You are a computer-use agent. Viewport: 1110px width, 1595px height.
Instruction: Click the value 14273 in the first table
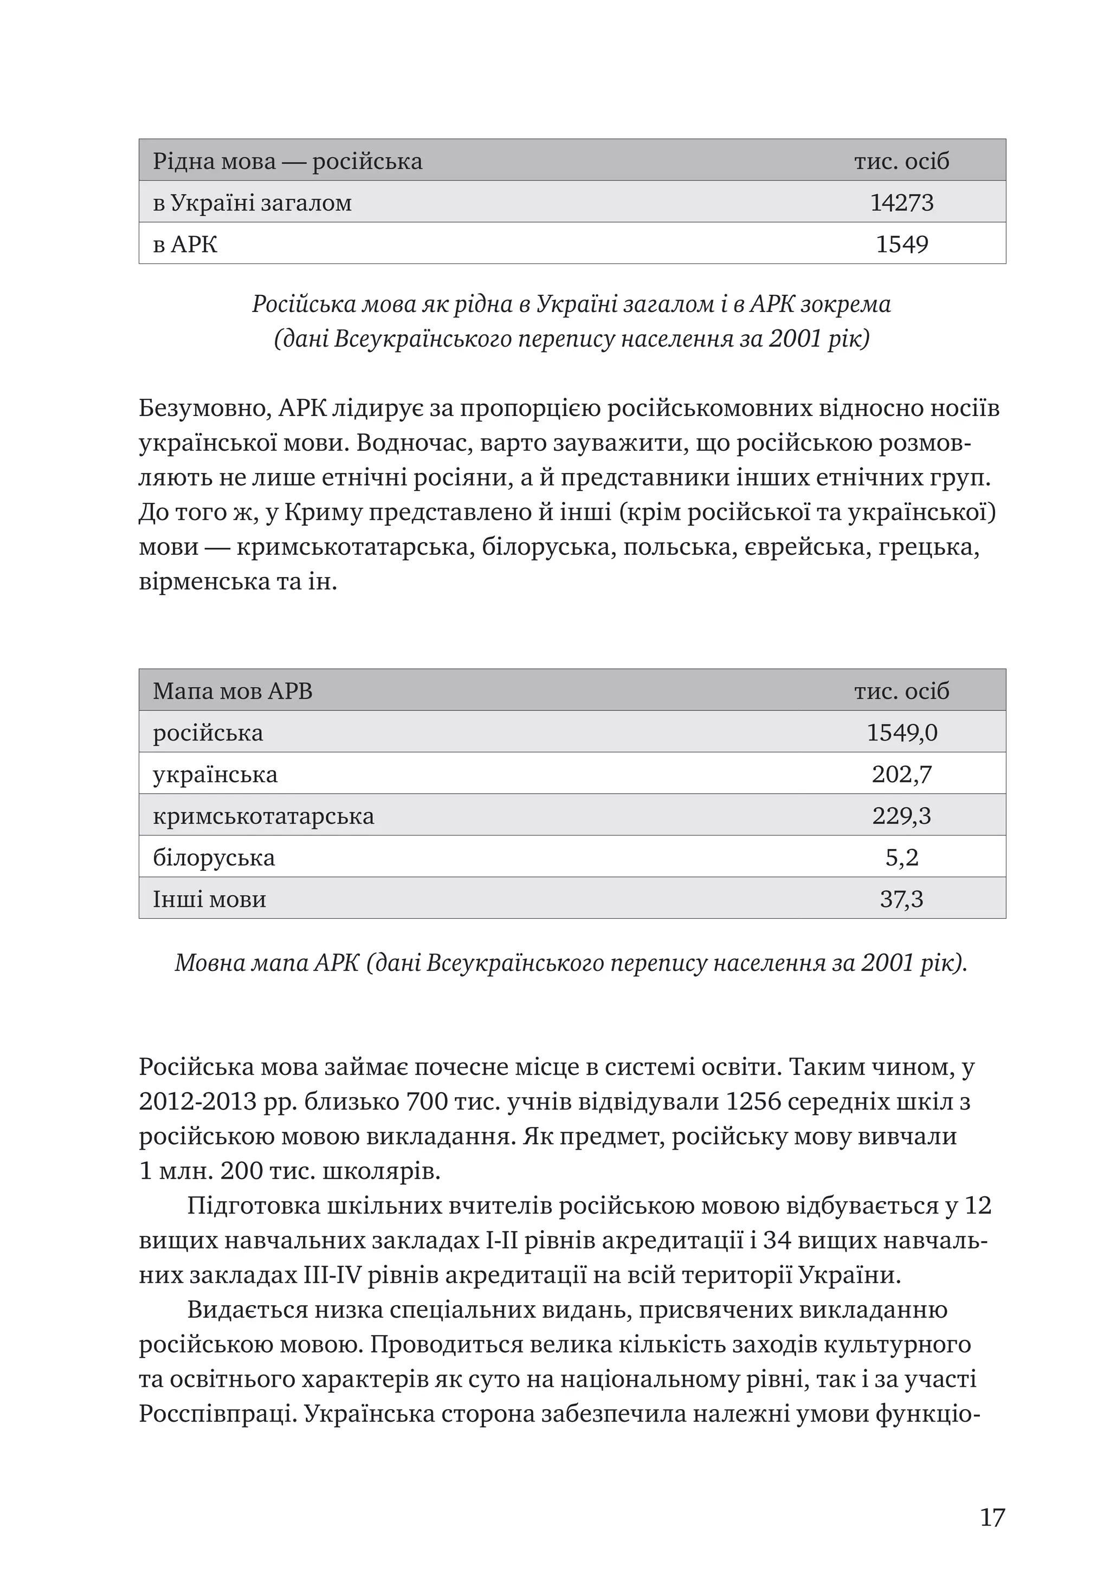tap(901, 202)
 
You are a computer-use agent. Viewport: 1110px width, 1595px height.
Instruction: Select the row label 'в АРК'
tap(185, 244)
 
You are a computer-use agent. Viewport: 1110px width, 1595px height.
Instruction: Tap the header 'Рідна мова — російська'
tap(287, 161)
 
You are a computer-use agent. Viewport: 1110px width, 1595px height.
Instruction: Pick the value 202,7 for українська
tap(901, 774)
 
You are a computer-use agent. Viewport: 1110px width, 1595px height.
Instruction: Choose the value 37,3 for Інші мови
tap(901, 899)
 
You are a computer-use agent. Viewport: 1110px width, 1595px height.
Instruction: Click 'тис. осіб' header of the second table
tap(901, 691)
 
